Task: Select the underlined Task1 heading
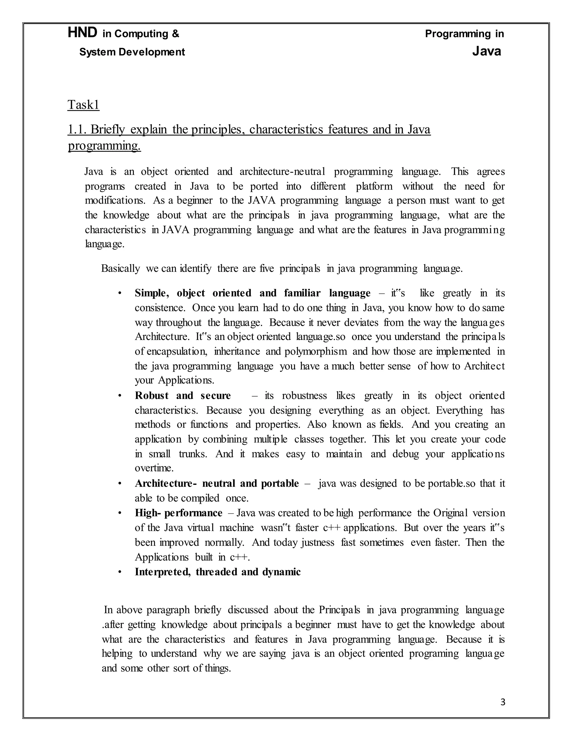click(x=83, y=105)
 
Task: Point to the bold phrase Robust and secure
click(x=183, y=395)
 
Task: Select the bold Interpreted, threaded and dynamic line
click(x=218, y=572)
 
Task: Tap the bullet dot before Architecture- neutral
click(x=120, y=483)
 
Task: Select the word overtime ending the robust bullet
click(x=154, y=468)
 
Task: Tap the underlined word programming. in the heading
click(x=104, y=146)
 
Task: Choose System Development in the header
click(x=132, y=52)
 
